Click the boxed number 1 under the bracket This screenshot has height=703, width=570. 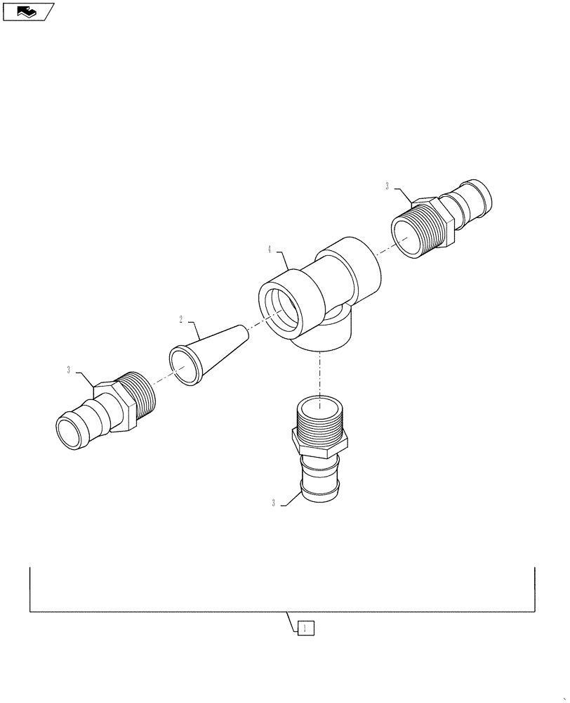coord(305,628)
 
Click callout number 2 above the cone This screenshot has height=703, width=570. coord(181,319)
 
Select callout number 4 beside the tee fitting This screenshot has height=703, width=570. coord(270,249)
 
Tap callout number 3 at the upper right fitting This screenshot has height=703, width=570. coord(387,186)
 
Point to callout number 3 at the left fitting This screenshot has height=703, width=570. coord(68,370)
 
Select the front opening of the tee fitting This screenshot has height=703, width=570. coord(283,311)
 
